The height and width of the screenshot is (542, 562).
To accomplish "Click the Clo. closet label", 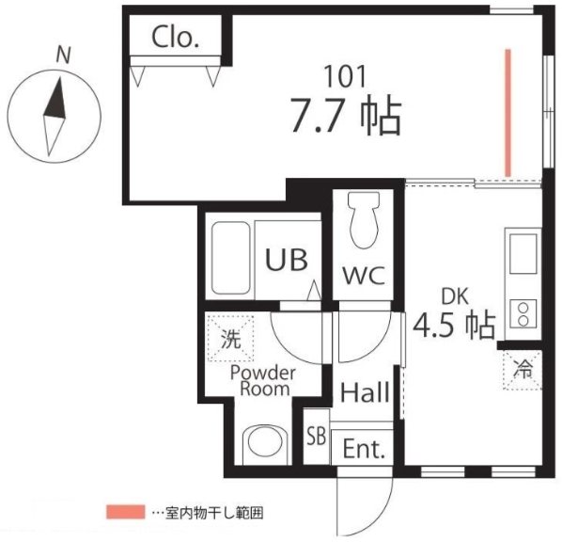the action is tap(175, 38).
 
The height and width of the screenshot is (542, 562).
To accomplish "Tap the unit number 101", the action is tap(345, 76).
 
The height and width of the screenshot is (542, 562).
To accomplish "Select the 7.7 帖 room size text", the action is tap(346, 117).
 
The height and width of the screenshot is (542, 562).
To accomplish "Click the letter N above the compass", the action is tap(64, 55).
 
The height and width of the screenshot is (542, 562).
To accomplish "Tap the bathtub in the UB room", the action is tap(230, 258).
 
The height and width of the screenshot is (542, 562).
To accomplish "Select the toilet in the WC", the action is tap(364, 219).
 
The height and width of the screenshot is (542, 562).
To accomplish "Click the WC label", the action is tap(364, 276).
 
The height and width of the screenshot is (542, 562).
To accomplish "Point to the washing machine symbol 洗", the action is tap(231, 339).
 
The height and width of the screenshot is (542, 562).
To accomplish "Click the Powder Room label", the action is tap(263, 381).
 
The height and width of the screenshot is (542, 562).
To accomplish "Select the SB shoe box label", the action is tap(317, 437).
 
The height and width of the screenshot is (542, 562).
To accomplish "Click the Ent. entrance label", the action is tap(364, 449).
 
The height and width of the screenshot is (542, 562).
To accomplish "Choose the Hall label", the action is tap(365, 391).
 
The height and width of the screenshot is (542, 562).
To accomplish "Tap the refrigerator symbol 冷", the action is tap(522, 370).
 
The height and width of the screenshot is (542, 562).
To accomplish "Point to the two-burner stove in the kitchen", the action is tap(523, 313).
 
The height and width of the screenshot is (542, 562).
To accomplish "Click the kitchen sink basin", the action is tap(523, 254).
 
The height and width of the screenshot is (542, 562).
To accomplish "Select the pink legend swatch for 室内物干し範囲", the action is tap(125, 512).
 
